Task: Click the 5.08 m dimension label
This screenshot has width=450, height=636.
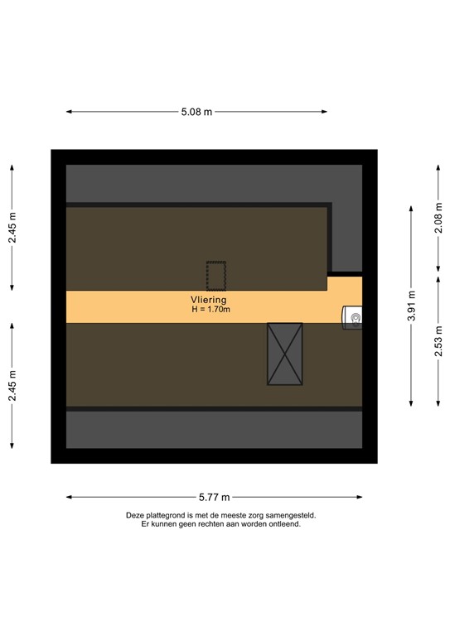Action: [x=196, y=112]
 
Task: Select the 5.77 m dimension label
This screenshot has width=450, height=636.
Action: [x=214, y=498]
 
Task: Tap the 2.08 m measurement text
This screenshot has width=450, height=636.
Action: [x=438, y=217]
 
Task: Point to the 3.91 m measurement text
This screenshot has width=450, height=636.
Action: [x=412, y=306]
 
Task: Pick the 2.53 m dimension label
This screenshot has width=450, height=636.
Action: [x=438, y=340]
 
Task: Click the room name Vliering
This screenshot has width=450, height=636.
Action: [x=208, y=300]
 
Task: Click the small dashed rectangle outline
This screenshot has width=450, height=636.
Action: [x=216, y=273]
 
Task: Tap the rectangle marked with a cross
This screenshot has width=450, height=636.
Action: [x=284, y=354]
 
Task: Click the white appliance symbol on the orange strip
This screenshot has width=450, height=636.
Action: [x=354, y=316]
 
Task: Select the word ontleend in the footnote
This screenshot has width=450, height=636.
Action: [x=283, y=524]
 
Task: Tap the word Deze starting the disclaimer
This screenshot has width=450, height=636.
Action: [x=134, y=515]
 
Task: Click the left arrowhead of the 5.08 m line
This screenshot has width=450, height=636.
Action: [x=68, y=112]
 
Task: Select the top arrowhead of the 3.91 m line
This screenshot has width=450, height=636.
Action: [x=412, y=207]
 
